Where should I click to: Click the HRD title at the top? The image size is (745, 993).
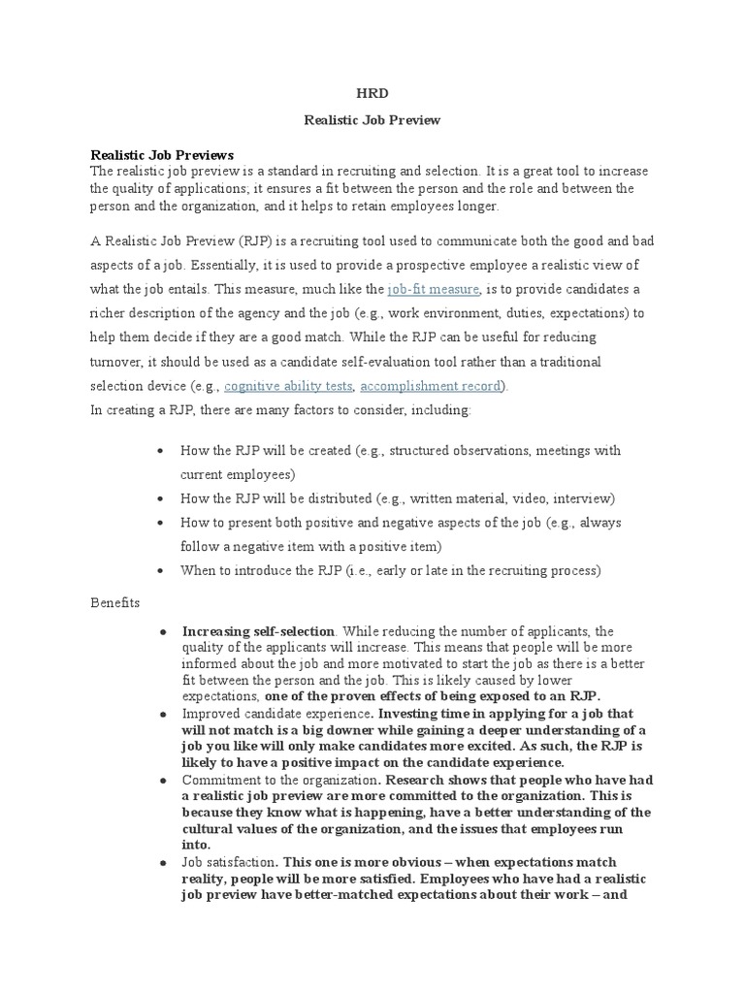click(x=372, y=94)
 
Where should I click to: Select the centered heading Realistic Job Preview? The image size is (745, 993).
click(x=372, y=120)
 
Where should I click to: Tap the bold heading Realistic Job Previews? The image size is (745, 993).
click(x=162, y=155)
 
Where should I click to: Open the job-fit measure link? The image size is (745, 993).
click(x=433, y=289)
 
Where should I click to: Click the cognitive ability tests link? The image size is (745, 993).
click(x=288, y=385)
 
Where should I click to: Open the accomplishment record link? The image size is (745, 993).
click(x=432, y=385)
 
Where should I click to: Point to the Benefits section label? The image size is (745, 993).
click(x=115, y=602)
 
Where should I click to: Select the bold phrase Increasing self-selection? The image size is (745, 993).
click(x=259, y=630)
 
